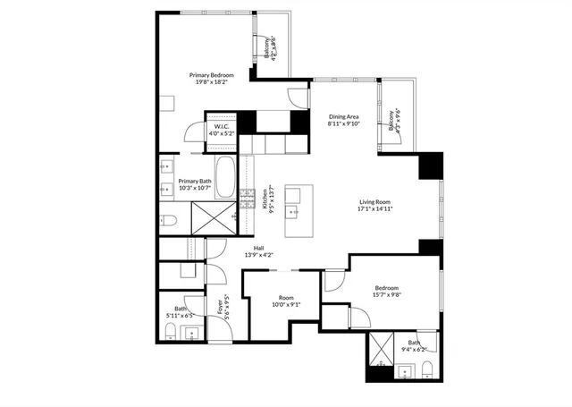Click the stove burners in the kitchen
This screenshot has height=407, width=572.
[248, 195]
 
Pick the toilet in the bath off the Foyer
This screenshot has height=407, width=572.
[171, 334]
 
